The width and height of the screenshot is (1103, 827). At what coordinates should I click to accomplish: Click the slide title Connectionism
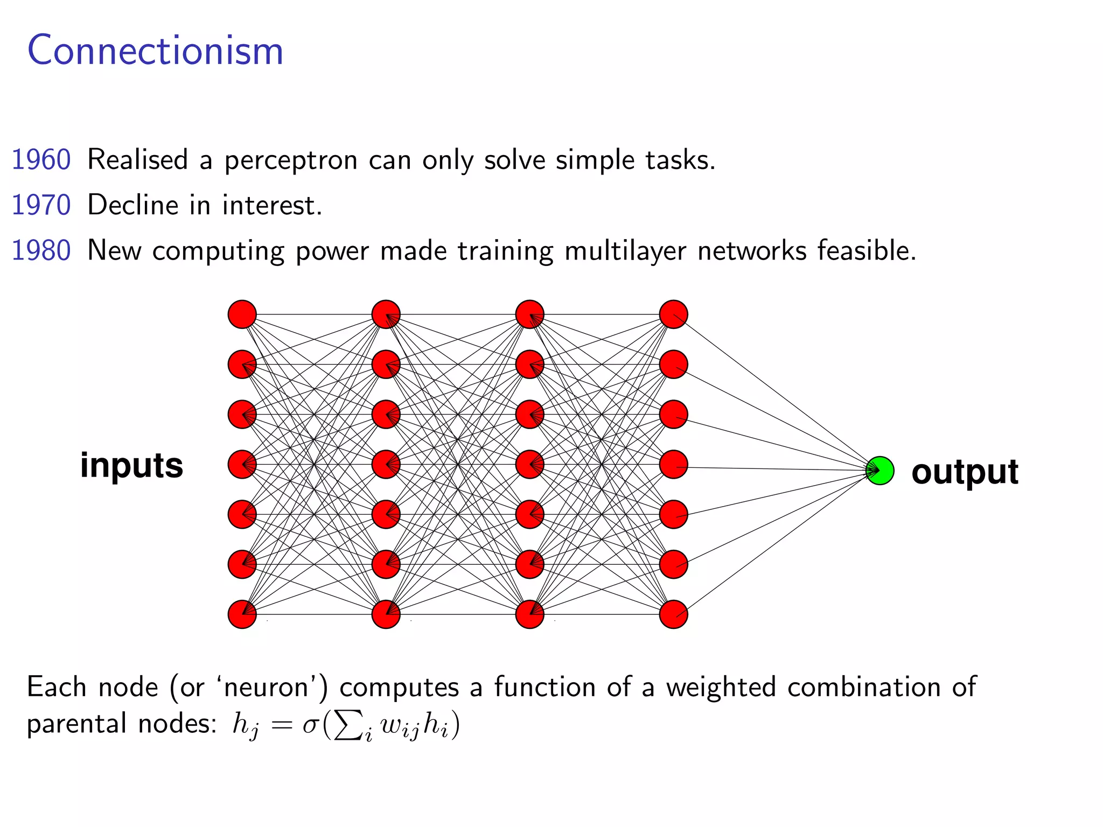[155, 51]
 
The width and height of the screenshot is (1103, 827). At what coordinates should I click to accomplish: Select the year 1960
[41, 160]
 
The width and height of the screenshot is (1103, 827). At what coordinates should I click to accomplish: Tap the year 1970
[41, 205]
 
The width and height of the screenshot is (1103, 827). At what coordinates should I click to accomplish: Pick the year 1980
[41, 251]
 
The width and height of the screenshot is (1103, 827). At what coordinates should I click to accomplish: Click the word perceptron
[291, 161]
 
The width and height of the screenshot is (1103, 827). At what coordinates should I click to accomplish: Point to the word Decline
[133, 205]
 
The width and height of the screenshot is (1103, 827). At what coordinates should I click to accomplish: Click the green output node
[880, 471]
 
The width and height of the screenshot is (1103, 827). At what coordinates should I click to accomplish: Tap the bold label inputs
[132, 465]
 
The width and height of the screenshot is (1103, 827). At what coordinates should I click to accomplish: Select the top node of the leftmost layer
[242, 314]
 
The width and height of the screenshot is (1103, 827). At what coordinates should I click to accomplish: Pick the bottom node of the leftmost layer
[242, 614]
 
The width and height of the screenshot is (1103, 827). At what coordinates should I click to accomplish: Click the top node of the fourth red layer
[674, 314]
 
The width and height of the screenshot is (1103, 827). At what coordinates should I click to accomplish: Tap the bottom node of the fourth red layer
[674, 614]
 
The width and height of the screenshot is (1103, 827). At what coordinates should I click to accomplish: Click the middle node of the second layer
[386, 465]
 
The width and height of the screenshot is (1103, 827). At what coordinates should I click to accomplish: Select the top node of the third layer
[530, 314]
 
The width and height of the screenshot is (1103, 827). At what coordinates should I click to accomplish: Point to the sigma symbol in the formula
[311, 725]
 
